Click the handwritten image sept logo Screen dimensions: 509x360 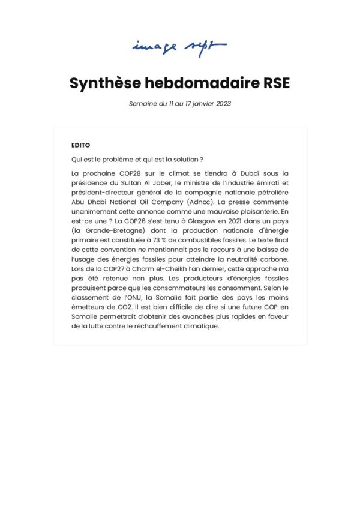[x=179, y=46]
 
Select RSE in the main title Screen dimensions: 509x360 [x=277, y=83]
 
